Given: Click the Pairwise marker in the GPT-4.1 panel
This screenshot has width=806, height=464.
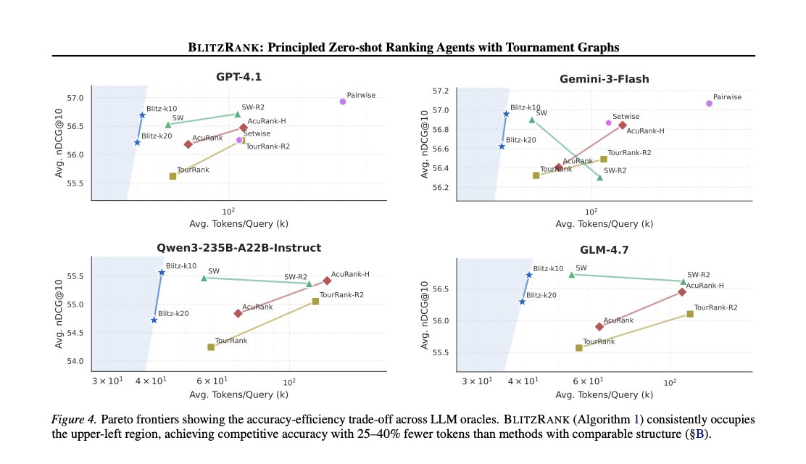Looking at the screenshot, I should (343, 101).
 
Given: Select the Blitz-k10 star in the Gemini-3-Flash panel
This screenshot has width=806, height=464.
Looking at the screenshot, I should (506, 114).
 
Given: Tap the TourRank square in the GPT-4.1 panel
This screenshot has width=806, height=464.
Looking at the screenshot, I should (173, 176).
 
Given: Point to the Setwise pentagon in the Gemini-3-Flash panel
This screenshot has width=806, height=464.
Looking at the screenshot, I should (609, 123).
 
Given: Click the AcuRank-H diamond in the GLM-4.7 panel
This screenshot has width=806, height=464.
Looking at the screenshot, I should (682, 292).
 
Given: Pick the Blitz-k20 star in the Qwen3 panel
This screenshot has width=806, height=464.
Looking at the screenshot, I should (154, 320).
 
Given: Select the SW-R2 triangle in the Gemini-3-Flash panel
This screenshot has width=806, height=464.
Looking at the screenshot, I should (599, 177).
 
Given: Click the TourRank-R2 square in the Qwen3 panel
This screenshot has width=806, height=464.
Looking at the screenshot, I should (315, 301).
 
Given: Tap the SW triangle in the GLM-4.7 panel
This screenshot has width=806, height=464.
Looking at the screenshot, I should (572, 274).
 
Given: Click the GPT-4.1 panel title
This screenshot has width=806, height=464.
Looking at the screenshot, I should (238, 78).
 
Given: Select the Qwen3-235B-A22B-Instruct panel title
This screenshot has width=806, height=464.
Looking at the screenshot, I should (238, 247).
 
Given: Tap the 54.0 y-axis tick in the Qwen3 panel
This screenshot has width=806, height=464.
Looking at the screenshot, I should (75, 361).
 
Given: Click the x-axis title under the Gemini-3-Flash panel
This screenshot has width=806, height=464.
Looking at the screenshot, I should (604, 224).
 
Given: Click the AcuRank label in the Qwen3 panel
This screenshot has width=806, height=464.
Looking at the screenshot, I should (257, 307).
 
